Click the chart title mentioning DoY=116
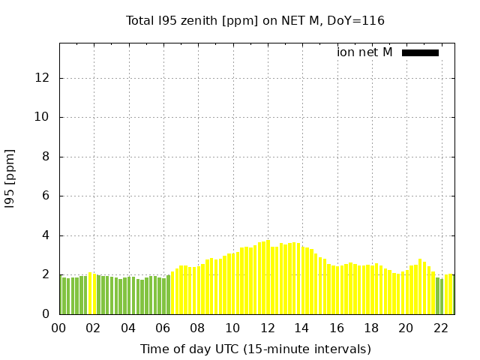[x=255, y=21]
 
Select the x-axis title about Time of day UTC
[x=255, y=349]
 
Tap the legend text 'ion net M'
[x=364, y=52]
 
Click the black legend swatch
[x=420, y=52]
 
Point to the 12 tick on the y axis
[x=43, y=78]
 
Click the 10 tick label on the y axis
[x=43, y=117]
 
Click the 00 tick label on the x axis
[x=58, y=328]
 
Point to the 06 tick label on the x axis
[x=163, y=328]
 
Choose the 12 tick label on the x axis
[x=267, y=328]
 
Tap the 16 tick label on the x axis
[x=337, y=328]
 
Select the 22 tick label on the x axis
[x=441, y=328]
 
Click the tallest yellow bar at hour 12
[x=268, y=277]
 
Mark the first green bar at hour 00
[x=64, y=295]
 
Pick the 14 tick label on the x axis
[x=301, y=328]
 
